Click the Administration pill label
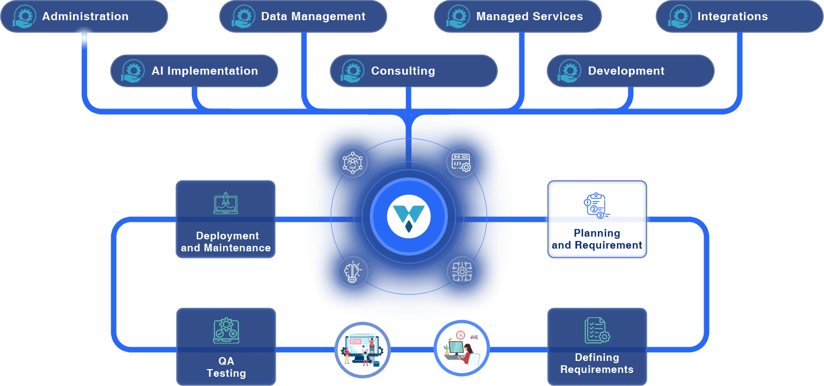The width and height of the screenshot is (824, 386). tap(85, 16)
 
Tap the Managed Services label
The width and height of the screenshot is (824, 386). tap(529, 16)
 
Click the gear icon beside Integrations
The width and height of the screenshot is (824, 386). tap(678, 16)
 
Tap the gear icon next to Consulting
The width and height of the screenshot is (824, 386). tap(352, 70)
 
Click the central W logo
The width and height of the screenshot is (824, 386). tap(409, 218)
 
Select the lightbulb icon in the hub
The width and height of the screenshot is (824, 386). tap(353, 272)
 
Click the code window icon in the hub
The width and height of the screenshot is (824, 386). tap(462, 162)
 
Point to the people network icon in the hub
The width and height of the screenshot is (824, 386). tap(353, 162)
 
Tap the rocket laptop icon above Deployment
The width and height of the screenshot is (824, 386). tap(226, 202)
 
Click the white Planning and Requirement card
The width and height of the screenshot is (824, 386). tap(597, 219)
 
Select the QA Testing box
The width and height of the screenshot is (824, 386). tap(226, 347)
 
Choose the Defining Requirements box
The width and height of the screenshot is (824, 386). tap(597, 347)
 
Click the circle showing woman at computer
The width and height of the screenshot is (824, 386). tap(462, 348)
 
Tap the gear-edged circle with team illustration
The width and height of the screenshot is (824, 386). tap(362, 349)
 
